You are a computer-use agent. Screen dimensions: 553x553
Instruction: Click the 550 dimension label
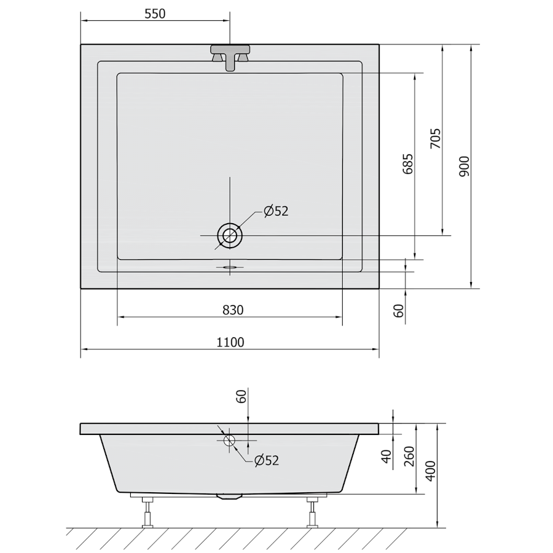click(155, 14)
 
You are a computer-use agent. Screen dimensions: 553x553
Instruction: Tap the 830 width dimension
click(233, 310)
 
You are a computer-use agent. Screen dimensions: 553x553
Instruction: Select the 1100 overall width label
click(230, 342)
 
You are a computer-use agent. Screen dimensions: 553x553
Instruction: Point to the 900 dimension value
click(465, 167)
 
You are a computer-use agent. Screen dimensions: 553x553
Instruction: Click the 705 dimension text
click(435, 138)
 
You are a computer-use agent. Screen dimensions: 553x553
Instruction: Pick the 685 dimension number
click(407, 163)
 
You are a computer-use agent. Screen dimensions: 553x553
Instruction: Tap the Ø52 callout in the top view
click(276, 211)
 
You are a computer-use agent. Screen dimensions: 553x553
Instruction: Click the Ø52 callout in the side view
click(267, 460)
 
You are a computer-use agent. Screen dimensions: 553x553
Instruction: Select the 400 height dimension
click(431, 471)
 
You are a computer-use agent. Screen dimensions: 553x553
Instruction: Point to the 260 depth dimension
click(409, 456)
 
